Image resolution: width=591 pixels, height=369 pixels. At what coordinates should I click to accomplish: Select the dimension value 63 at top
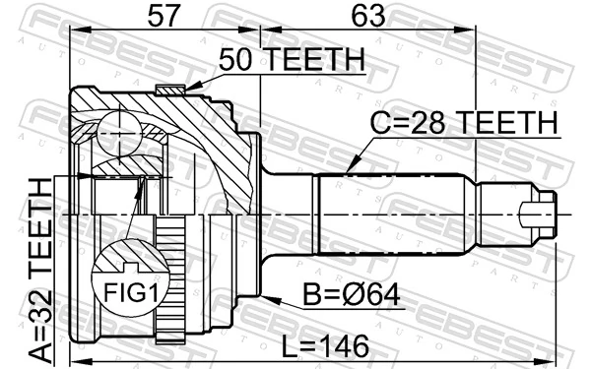(x=367, y=16)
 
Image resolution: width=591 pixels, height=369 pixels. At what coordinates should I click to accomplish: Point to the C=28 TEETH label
(x=464, y=124)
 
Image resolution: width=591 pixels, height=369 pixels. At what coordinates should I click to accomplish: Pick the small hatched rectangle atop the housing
(x=170, y=91)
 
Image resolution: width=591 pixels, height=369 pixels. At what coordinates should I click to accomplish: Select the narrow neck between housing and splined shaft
(x=290, y=213)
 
